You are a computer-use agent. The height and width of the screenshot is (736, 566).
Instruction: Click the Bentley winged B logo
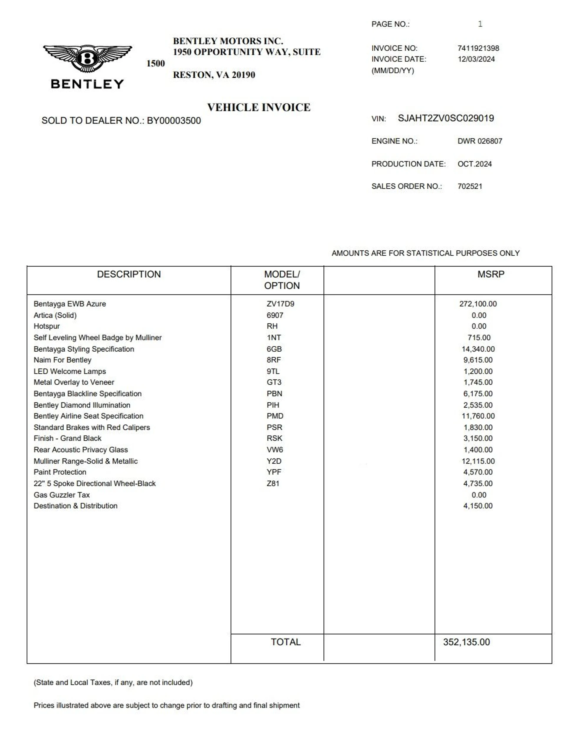click(87, 59)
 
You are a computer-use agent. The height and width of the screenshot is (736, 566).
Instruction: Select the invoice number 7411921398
click(478, 48)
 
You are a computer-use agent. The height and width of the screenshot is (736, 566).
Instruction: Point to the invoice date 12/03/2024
click(476, 59)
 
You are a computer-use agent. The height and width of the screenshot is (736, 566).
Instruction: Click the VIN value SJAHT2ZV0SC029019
click(446, 118)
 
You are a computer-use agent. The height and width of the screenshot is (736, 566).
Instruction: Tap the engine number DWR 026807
click(480, 141)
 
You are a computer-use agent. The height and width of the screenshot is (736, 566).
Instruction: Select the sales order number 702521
click(470, 186)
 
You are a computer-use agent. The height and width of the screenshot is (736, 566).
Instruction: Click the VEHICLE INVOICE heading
click(259, 107)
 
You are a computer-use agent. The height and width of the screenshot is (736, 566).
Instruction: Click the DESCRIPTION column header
click(129, 274)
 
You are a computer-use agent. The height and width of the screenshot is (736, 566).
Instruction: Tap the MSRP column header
click(491, 274)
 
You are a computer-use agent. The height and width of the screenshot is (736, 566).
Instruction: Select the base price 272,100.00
click(478, 304)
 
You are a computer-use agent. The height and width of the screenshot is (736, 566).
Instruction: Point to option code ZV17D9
click(280, 304)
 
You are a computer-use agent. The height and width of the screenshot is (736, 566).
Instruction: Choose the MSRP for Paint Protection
click(478, 472)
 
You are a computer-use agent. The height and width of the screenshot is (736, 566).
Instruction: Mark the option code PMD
click(275, 416)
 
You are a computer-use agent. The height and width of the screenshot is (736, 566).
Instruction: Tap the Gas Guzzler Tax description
click(62, 495)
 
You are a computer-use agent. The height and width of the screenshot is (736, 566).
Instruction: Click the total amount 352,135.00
click(466, 642)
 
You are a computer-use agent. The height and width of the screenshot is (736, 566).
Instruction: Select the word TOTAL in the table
click(286, 642)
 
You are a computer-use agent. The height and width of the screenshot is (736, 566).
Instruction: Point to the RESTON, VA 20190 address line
click(214, 75)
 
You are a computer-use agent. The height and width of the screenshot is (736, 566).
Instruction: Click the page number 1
click(480, 24)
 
